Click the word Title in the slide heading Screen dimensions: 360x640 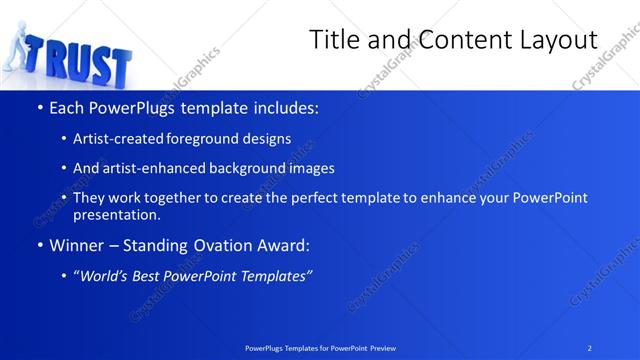tap(335, 40)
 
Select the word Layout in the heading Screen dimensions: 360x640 tap(552, 40)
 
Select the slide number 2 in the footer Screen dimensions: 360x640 tap(589, 348)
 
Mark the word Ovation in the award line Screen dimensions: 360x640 tap(214, 245)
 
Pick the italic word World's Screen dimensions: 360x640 tap(107, 275)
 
